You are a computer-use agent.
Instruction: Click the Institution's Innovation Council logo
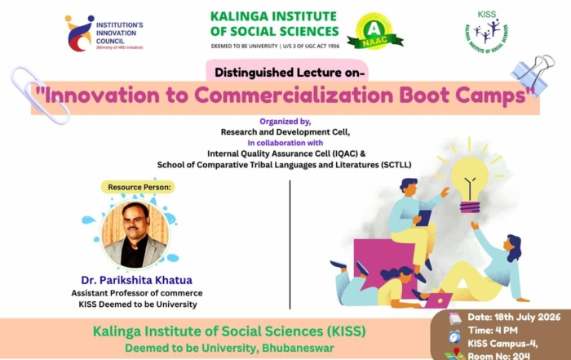point(104,33)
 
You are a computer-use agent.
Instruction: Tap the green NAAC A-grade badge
point(374,32)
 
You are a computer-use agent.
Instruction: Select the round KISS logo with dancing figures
point(486,32)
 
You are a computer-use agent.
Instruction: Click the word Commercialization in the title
point(294,95)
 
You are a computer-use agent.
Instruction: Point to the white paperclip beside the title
point(39,95)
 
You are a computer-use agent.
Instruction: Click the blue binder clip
point(533,75)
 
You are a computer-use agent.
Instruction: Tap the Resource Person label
point(139,187)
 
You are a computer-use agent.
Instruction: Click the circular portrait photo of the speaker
point(135,234)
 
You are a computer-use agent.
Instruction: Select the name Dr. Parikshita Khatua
point(136,280)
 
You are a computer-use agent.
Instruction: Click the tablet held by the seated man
point(424,218)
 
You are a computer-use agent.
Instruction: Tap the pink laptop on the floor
point(438,300)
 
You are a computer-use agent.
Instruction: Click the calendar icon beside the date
point(455,318)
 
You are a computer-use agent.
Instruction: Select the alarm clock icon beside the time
point(454,336)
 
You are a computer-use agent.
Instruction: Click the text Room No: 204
point(498,356)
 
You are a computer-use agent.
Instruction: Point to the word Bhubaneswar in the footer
point(298,348)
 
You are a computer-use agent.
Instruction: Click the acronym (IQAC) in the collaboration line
point(345,153)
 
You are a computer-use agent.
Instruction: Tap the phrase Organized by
point(285,122)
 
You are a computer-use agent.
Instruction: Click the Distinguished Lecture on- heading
point(290,73)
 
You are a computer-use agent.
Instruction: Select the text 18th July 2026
point(527,317)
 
